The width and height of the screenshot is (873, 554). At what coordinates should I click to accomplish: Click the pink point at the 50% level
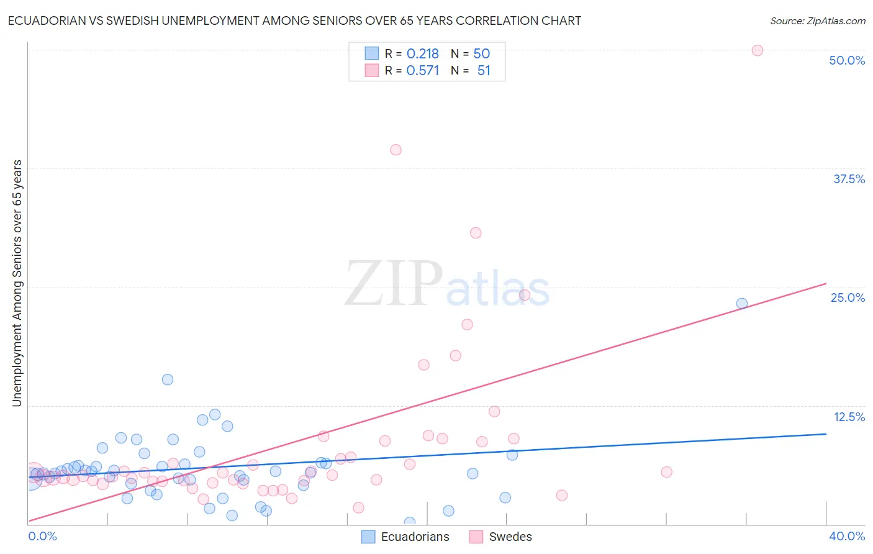757,50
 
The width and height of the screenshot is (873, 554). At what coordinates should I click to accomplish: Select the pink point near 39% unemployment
396,150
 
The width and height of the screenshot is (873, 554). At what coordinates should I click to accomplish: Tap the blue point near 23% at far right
741,304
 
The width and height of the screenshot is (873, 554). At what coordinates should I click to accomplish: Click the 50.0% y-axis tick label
847,60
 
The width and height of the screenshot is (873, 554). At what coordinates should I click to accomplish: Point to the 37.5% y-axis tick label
849,179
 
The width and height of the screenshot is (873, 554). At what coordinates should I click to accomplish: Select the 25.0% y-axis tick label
848,297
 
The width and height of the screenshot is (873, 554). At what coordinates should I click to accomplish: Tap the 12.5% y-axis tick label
849,417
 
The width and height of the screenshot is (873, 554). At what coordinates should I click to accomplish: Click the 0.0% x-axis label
42,536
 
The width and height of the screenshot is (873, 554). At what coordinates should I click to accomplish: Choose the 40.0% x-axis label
846,536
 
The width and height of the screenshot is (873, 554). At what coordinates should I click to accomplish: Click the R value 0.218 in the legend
422,54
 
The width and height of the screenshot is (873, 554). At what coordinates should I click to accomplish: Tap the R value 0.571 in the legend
422,71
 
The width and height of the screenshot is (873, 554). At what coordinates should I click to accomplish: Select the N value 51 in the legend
484,71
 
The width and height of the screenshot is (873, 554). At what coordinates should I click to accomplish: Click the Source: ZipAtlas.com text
817,21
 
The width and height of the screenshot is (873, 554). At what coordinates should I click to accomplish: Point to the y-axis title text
17,283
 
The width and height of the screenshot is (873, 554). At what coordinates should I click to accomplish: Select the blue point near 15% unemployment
167,379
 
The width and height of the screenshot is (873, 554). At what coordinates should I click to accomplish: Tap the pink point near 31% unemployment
476,233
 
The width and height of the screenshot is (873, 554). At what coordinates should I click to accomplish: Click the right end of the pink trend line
826,284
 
